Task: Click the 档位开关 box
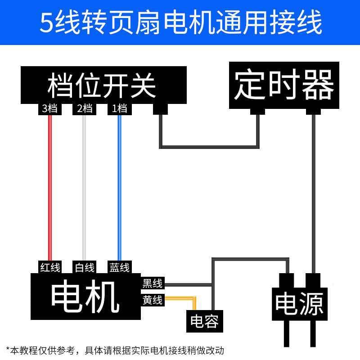click(103, 85)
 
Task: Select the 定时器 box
click(284, 85)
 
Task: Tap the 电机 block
click(85, 296)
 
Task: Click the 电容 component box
click(205, 321)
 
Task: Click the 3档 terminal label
click(50, 108)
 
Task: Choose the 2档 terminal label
click(84, 108)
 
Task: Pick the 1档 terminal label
click(119, 108)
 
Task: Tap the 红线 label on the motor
click(50, 267)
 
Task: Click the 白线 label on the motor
click(84, 267)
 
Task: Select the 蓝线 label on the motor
click(119, 267)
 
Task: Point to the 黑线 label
click(153, 283)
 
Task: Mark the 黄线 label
click(153, 300)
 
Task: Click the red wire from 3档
click(50, 188)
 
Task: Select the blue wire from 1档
click(119, 188)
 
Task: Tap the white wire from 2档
click(84, 188)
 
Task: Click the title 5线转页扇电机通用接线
click(181, 22)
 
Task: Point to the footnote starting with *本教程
click(115, 351)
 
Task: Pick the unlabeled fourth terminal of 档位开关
click(161, 109)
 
